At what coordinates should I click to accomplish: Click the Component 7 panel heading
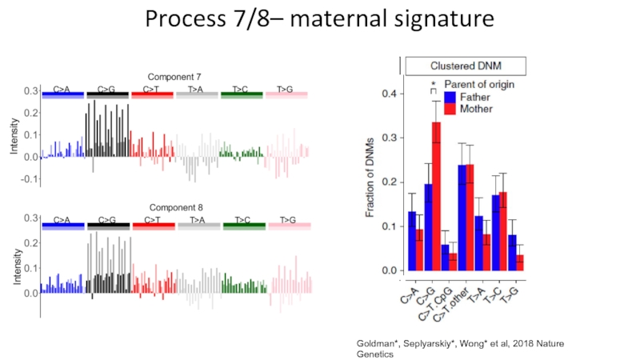(174, 76)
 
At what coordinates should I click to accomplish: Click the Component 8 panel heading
(174, 206)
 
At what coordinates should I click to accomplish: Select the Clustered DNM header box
(466, 66)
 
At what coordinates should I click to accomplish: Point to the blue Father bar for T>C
(496, 233)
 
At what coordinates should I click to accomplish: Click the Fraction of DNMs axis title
(371, 182)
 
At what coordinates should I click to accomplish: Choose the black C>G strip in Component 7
(107, 94)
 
